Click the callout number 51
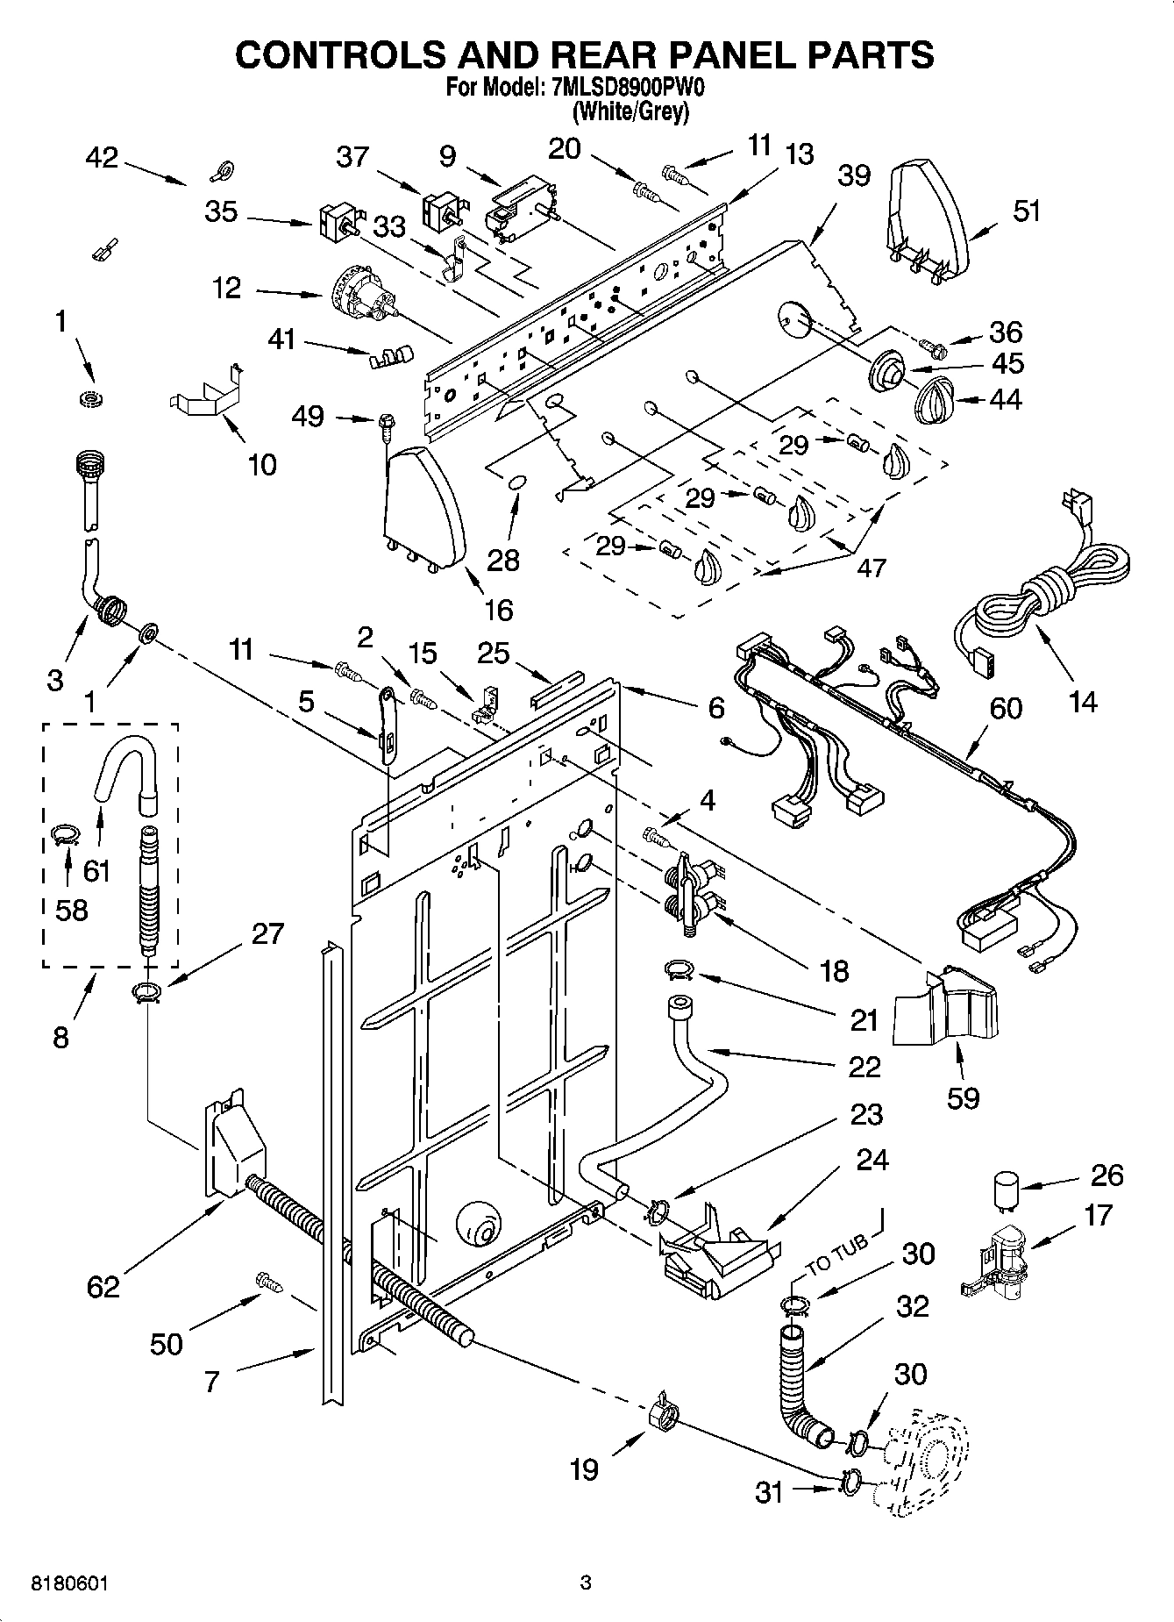(x=1027, y=211)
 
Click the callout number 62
(x=103, y=1286)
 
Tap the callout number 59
(x=963, y=1097)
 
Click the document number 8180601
(x=69, y=1583)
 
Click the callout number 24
(x=872, y=1160)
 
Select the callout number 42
(x=103, y=158)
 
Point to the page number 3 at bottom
(x=586, y=1583)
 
